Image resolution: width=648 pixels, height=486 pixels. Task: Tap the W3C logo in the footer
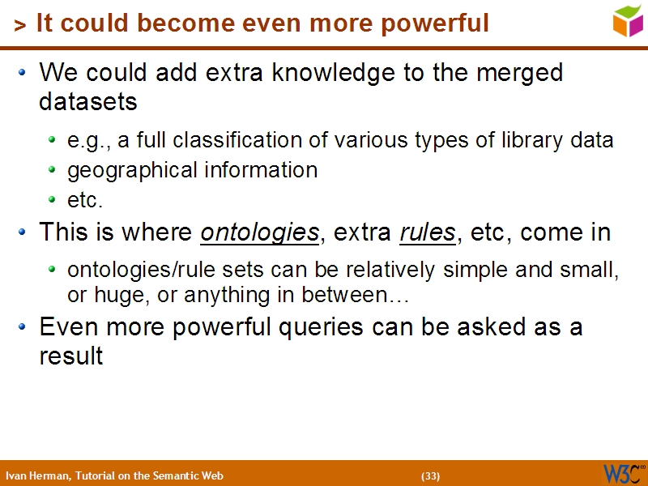pyautogui.click(x=622, y=474)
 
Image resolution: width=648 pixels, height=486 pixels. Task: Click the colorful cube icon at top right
pyautogui.click(x=628, y=21)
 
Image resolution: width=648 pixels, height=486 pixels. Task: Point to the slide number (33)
pyautogui.click(x=430, y=475)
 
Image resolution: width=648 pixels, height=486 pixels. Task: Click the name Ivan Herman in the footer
pyautogui.click(x=37, y=475)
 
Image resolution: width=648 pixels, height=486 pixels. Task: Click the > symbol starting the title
pyautogui.click(x=19, y=26)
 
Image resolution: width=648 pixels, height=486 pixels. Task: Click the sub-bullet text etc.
pyautogui.click(x=85, y=199)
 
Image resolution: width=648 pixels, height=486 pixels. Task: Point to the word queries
pyautogui.click(x=318, y=327)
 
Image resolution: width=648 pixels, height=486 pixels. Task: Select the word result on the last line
pyautogui.click(x=70, y=356)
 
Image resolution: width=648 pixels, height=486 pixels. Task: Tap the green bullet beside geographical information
pyautogui.click(x=52, y=171)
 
